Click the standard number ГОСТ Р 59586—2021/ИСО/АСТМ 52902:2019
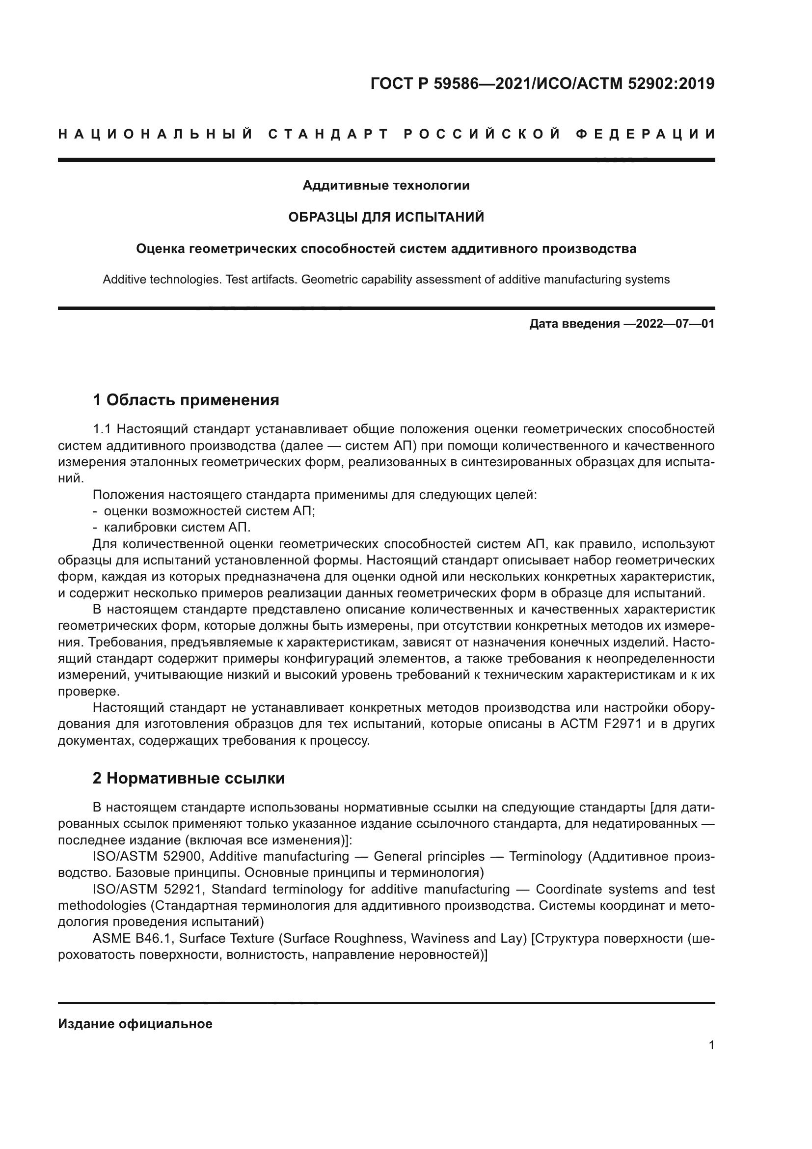click(542, 84)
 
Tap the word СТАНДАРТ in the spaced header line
click(328, 134)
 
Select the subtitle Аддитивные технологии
click(386, 186)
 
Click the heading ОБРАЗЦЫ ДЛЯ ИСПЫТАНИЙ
click(386, 217)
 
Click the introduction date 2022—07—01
click(675, 324)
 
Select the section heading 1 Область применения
click(186, 400)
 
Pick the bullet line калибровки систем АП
click(177, 528)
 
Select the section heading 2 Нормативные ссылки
click(189, 778)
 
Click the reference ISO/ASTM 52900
click(147, 856)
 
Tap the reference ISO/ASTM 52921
click(147, 889)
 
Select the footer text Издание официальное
click(135, 1024)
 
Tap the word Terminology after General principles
click(545, 856)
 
